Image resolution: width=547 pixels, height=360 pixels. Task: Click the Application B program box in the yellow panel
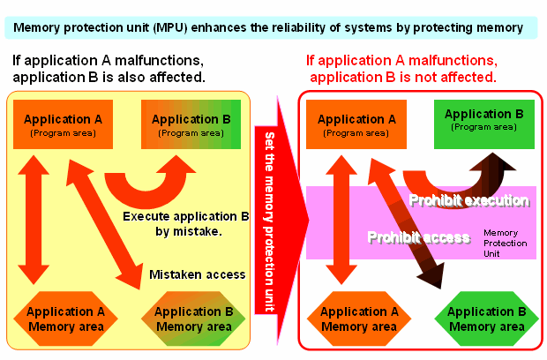tap(190, 124)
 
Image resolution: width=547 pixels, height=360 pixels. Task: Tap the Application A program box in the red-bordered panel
tap(356, 124)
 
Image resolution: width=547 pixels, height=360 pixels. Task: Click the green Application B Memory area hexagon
tap(481, 319)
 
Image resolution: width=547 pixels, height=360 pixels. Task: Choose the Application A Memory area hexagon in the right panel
tap(358, 319)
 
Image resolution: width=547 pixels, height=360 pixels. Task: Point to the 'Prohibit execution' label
tap(468, 201)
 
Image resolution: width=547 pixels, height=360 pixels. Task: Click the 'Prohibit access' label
tap(418, 236)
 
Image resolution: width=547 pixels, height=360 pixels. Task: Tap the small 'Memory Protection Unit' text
tap(506, 241)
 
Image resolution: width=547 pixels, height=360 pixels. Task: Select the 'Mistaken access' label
tap(197, 274)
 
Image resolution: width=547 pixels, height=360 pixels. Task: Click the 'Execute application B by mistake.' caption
tap(185, 223)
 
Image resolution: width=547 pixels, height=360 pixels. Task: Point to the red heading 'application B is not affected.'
tap(401, 78)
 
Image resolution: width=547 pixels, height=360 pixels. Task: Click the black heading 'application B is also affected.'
tap(109, 78)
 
